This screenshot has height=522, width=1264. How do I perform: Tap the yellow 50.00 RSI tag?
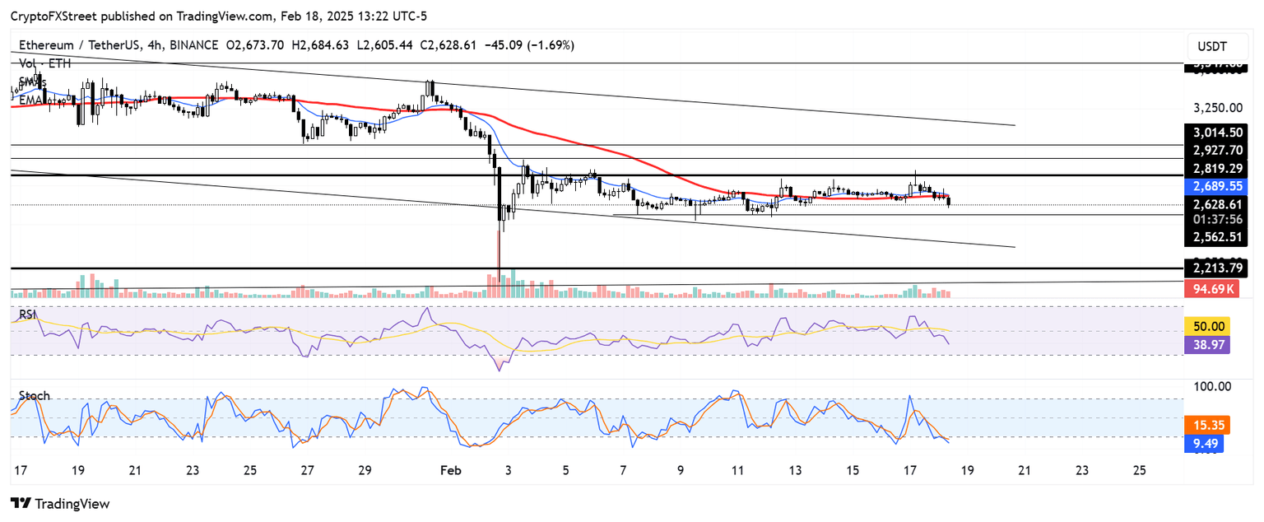(x=1206, y=327)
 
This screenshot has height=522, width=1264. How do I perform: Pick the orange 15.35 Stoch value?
(x=1206, y=425)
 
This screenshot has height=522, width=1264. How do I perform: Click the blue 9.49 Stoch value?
(x=1206, y=443)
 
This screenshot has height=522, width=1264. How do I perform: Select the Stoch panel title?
(x=34, y=395)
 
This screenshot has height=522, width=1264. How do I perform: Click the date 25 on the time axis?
(x=1140, y=471)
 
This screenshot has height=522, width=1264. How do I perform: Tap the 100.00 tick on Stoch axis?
(x=1212, y=386)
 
